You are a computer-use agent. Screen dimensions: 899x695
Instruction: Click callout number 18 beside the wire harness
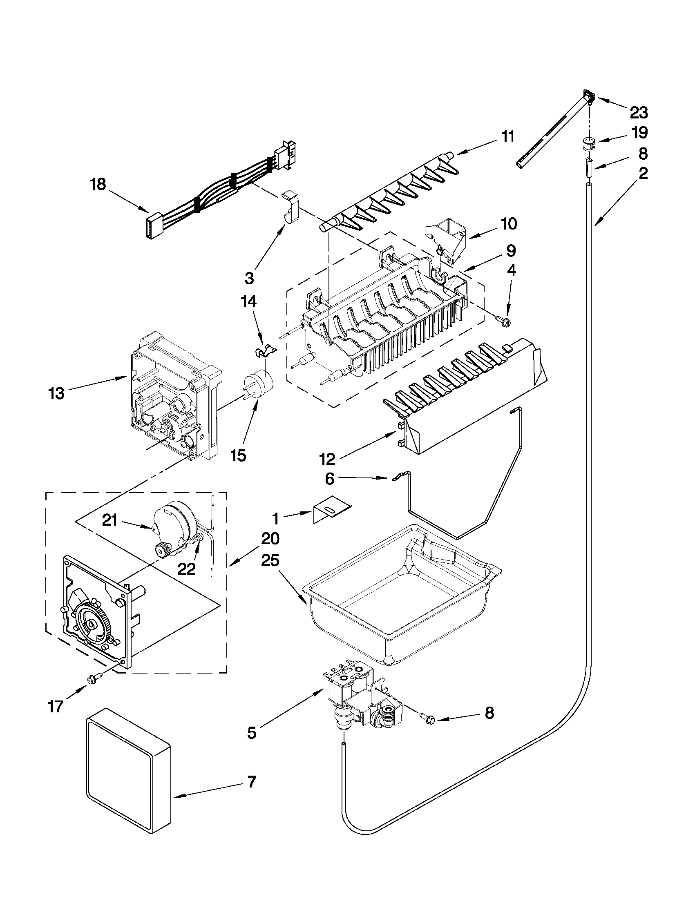[98, 184]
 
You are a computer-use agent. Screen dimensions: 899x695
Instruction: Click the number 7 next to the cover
[251, 782]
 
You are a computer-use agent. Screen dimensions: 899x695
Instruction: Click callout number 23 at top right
[639, 112]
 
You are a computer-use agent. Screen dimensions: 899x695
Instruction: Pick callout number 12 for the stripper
[327, 458]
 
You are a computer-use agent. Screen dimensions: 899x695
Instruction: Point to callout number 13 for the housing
[56, 393]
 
